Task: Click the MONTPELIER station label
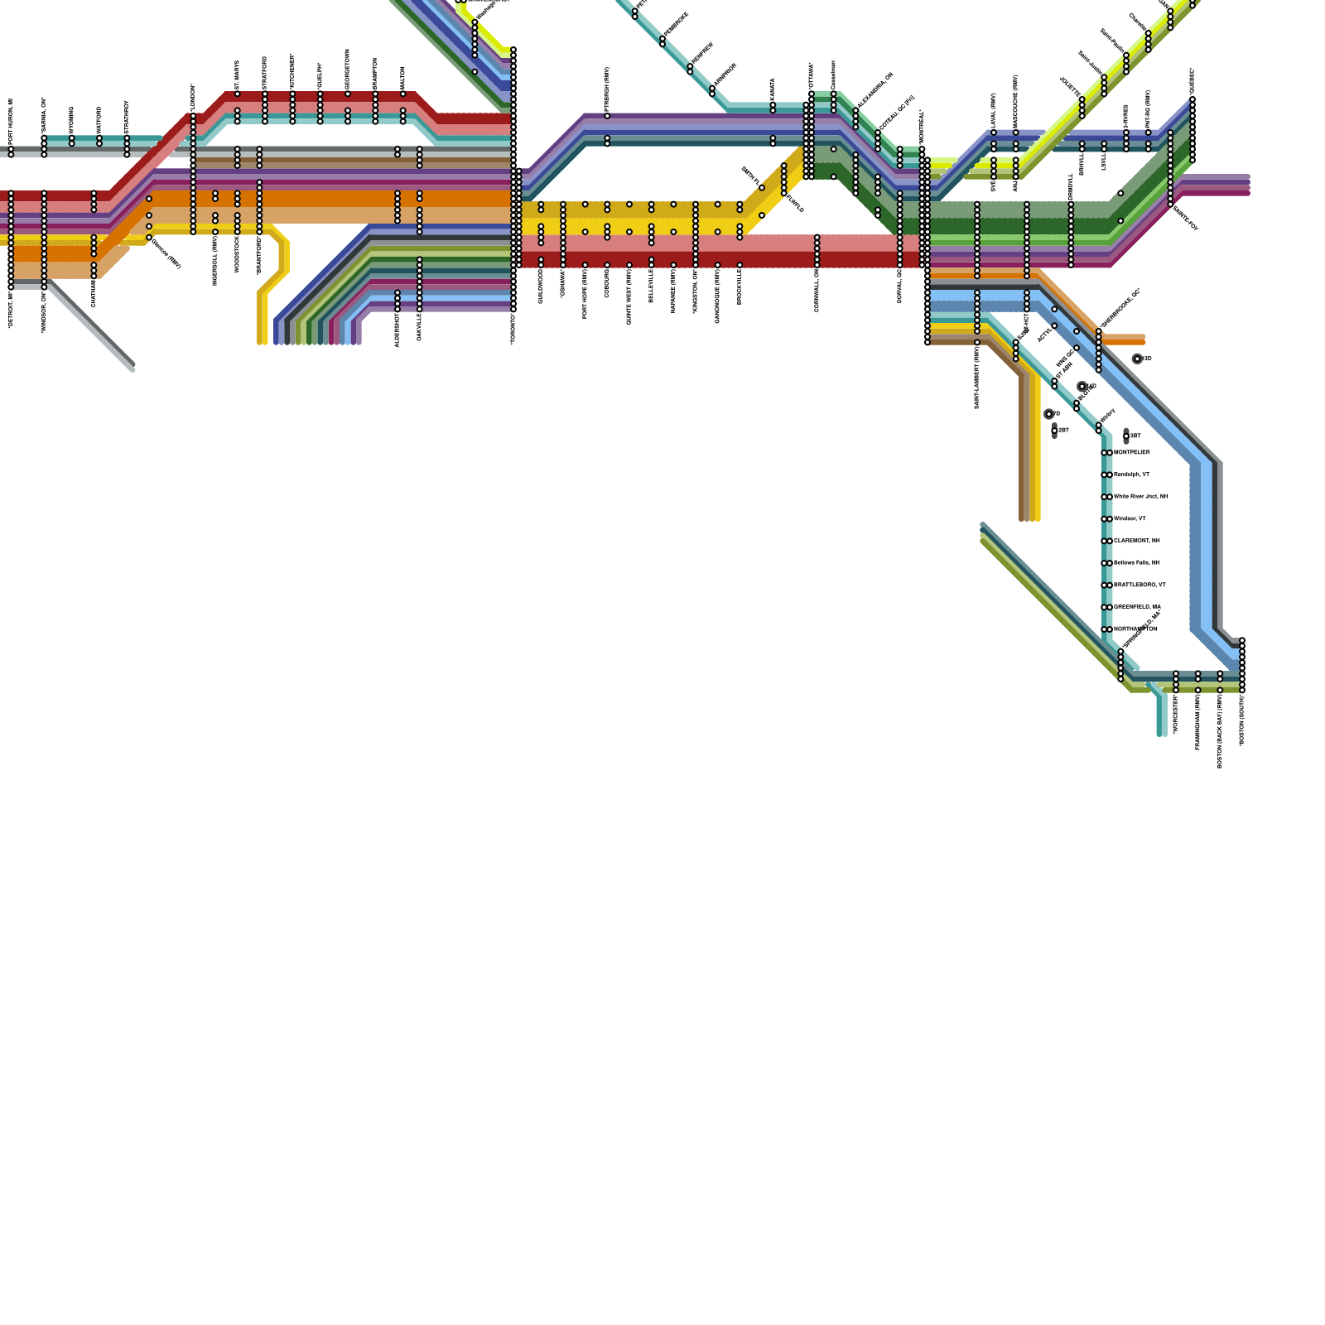pos(1131,453)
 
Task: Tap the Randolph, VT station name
pos(1131,475)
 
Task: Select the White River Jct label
pos(1140,497)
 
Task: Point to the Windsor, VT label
pos(1130,519)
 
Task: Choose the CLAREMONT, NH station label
pos(1136,541)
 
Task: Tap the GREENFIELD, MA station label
pos(1137,607)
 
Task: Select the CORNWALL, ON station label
pos(817,291)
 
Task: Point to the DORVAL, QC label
pos(900,286)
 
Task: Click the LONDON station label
pos(193,98)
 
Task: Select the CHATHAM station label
pos(94,291)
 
